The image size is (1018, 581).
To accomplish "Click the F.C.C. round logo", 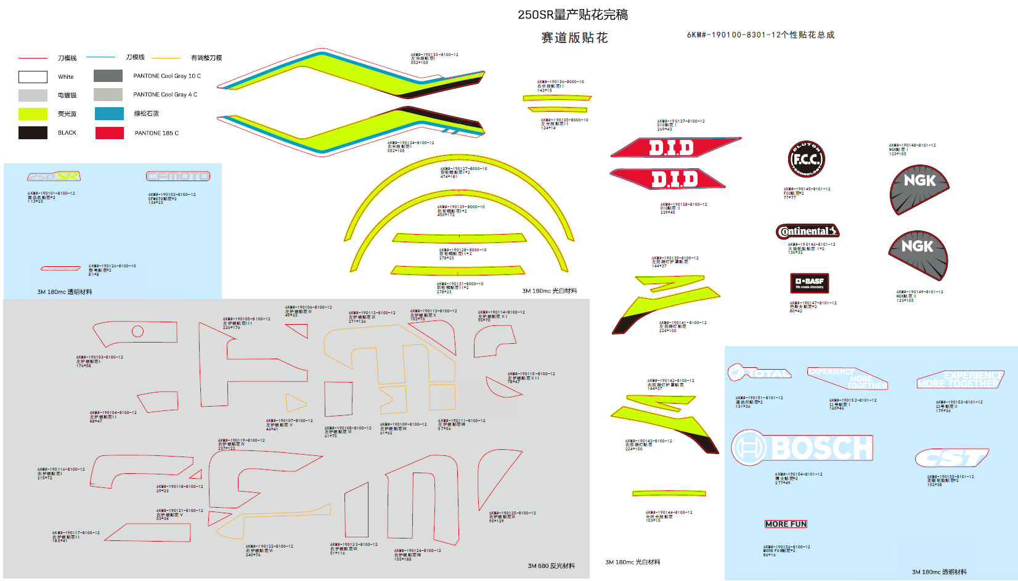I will [807, 159].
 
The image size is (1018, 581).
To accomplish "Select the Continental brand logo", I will [807, 232].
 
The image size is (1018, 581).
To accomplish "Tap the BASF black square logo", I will [810, 283].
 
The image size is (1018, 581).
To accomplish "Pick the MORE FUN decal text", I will [786, 524].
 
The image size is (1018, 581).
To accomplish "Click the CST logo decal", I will [951, 458].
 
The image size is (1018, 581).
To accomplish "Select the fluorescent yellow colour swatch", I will [33, 114].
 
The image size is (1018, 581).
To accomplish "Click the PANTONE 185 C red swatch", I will [110, 133].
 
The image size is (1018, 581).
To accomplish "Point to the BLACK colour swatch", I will [33, 132].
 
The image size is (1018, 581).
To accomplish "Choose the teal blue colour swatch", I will [110, 113].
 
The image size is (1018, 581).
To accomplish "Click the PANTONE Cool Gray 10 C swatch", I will [108, 76].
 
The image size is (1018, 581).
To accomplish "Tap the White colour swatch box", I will [33, 77].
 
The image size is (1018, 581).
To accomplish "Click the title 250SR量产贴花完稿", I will [572, 15].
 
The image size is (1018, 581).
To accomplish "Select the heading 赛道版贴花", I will [574, 38].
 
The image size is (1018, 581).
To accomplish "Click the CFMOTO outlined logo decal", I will [178, 176].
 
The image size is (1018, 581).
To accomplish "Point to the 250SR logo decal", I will [54, 177].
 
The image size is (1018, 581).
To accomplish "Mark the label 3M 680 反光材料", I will [551, 566].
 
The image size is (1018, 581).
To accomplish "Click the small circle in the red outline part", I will [138, 331].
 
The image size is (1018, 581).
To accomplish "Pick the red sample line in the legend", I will [33, 58].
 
